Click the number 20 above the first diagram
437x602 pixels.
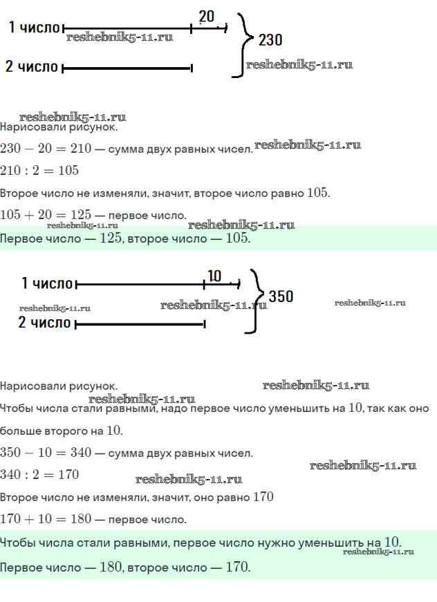point(207,17)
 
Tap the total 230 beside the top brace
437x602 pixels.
point(270,40)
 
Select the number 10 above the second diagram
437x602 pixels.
point(214,276)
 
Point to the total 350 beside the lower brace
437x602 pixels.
point(281,297)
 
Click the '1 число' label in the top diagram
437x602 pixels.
point(34,27)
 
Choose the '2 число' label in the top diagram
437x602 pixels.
point(32,66)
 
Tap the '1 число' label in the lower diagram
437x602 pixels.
point(47,283)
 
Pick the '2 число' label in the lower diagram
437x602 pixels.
point(44,322)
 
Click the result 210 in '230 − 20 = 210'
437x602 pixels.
point(81,148)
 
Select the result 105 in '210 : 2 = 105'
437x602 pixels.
point(68,170)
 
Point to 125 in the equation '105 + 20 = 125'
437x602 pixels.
point(81,214)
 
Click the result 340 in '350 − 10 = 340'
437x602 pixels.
point(81,452)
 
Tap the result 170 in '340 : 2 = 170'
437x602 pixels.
point(68,475)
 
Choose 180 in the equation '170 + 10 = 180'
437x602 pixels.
point(81,518)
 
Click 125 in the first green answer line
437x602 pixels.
point(111,238)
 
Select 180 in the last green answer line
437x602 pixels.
point(111,567)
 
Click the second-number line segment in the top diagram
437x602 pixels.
point(127,68)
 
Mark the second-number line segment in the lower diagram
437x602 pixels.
point(140,324)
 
